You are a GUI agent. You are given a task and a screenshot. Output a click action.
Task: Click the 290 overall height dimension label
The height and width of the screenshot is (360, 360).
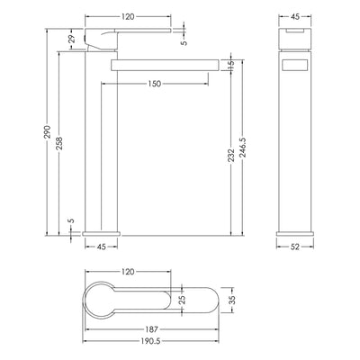click(x=48, y=132)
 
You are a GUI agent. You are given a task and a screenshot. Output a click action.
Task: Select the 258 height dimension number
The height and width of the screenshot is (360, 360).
click(x=59, y=144)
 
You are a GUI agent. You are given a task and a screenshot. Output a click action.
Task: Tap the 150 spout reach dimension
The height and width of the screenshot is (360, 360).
click(x=155, y=84)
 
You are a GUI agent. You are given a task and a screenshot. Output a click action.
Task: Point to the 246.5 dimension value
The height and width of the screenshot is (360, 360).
click(x=242, y=147)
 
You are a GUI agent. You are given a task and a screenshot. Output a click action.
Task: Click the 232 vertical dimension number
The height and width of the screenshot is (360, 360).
click(x=230, y=155)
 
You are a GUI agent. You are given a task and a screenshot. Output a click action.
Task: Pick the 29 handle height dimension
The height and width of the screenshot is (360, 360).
click(x=72, y=40)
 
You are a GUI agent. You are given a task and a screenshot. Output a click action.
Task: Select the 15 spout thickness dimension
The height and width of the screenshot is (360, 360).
click(x=230, y=65)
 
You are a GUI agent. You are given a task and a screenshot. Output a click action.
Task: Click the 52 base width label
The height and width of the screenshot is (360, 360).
click(x=295, y=247)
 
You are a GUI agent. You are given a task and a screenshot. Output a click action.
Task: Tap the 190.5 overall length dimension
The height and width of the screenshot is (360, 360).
click(x=151, y=341)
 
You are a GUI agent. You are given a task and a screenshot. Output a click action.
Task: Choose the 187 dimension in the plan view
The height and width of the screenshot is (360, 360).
click(x=152, y=329)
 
